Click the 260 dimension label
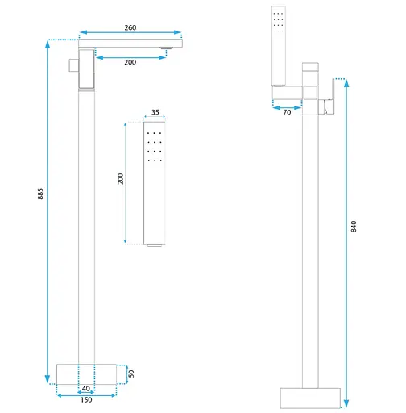130,27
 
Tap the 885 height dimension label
40,194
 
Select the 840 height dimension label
354,227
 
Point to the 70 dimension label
287,112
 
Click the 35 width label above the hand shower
155,112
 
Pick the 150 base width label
86,400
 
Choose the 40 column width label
86,388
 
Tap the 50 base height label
131,373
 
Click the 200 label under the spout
130,62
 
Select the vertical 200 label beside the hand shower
121,179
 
